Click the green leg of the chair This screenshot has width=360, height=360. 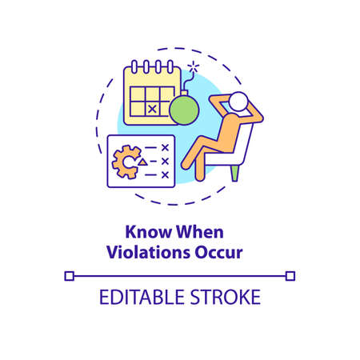tap(233, 171)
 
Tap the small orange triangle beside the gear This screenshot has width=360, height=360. tap(142, 162)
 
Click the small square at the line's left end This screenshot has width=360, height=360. tap(69, 275)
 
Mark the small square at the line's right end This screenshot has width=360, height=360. tap(290, 275)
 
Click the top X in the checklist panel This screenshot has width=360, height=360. tap(166, 148)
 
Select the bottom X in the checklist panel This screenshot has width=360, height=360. tap(166, 174)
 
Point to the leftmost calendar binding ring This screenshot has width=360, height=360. tap(136, 66)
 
